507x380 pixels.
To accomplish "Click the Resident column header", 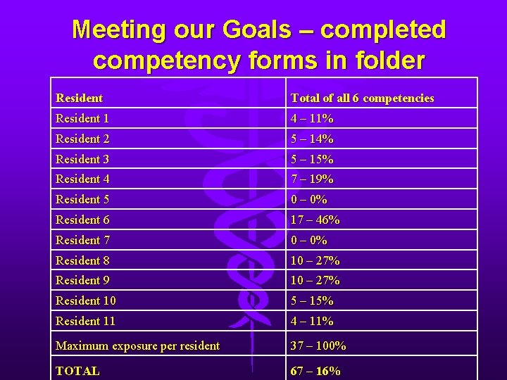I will coord(79,98).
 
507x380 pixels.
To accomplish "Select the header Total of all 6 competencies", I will coord(362,98).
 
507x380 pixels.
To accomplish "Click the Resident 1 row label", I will coord(82,119).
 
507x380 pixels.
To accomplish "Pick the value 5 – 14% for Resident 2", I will coord(312,139).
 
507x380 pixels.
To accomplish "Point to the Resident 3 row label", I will coord(82,159).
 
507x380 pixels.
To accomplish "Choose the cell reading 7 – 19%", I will coord(312,179).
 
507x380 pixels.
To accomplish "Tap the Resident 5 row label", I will coord(82,199).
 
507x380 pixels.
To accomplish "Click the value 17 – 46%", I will coord(315,220).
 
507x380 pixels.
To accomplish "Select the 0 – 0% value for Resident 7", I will coord(308,240).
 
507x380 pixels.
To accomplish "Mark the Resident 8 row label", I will coord(82,260).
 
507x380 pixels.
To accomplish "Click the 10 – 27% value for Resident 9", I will coord(315,280).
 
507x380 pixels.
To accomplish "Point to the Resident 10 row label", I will coord(85,300).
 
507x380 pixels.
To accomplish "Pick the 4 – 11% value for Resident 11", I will coord(312,321).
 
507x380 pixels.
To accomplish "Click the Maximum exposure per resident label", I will coord(137,346).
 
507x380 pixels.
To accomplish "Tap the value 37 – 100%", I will coord(318,346).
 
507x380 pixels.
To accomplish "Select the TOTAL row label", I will coord(77,370).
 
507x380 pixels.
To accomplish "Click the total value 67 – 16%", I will coord(315,370).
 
